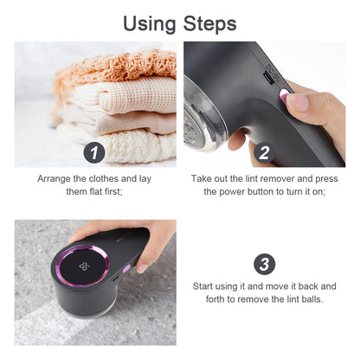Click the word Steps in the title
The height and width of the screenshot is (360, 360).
tap(208, 22)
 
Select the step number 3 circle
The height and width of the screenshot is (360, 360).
tap(264, 263)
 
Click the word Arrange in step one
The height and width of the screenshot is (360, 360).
tap(58, 178)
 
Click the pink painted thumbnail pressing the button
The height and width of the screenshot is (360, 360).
tap(298, 103)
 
